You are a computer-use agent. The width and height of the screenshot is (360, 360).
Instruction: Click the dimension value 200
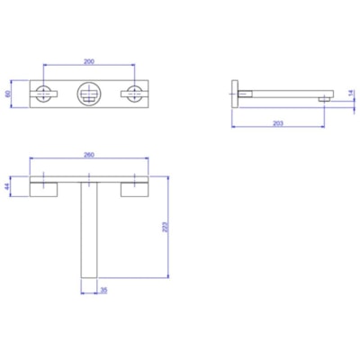click(x=90, y=60)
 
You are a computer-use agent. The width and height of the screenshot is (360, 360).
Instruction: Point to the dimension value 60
click(x=8, y=93)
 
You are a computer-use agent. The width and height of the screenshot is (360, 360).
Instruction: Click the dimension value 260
click(x=90, y=155)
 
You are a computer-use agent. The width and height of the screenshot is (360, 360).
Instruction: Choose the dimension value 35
click(x=103, y=290)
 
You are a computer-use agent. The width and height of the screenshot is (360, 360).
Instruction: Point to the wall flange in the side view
click(x=236, y=93)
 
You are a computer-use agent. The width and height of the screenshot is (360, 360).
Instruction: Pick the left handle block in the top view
click(x=45, y=187)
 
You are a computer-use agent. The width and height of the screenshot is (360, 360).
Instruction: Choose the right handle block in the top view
click(x=135, y=187)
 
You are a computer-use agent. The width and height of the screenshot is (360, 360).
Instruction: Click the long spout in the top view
click(x=89, y=234)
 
